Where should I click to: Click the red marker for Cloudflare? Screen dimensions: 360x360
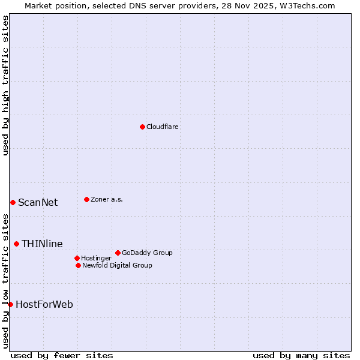pyautogui.click(x=142, y=127)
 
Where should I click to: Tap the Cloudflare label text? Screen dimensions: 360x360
pyautogui.click(x=163, y=127)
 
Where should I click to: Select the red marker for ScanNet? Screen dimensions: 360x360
pyautogui.click(x=13, y=202)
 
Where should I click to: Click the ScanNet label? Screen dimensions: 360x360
pyautogui.click(x=38, y=203)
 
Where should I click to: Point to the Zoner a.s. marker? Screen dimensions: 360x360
pyautogui.click(x=87, y=199)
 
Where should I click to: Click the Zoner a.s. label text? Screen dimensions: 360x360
pyautogui.click(x=107, y=200)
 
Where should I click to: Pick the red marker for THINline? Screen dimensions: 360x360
pyautogui.click(x=16, y=244)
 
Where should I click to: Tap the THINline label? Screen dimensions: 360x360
pyautogui.click(x=42, y=244)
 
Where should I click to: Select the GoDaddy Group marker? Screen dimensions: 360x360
pyautogui.click(x=118, y=253)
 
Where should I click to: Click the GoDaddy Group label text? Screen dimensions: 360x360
pyautogui.click(x=147, y=253)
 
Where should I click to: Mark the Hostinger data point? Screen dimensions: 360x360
pyautogui.click(x=77, y=258)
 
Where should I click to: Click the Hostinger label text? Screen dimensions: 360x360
pyautogui.click(x=96, y=259)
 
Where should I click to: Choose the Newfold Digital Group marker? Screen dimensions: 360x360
pyautogui.click(x=79, y=265)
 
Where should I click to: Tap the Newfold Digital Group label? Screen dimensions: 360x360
pyautogui.click(x=117, y=266)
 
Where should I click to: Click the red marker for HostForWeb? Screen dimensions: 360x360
pyautogui.click(x=10, y=304)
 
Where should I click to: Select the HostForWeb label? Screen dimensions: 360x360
pyautogui.click(x=44, y=305)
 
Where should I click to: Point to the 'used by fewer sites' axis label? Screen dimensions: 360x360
pyautogui.click(x=62, y=355)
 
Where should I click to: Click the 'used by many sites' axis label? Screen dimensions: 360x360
pyautogui.click(x=301, y=355)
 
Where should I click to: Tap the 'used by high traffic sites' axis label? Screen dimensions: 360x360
pyautogui.click(x=6, y=85)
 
